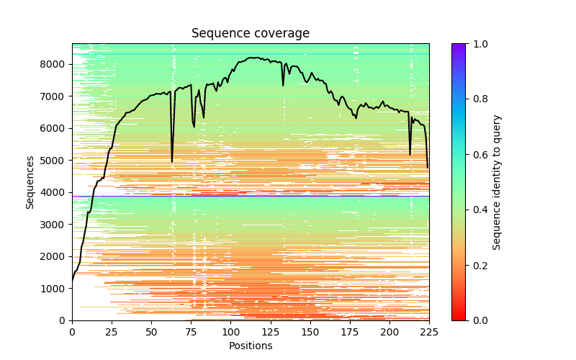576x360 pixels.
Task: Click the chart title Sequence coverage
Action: point(251,34)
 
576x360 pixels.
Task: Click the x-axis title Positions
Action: point(251,346)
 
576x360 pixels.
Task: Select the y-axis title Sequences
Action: point(30,182)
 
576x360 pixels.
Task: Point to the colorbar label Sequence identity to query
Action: point(497,182)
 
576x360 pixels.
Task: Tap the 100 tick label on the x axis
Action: point(230,332)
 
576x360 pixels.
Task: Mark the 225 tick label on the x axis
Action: point(429,332)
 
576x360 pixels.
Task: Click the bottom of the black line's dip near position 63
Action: point(172,161)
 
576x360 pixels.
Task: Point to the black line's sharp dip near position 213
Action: point(410,154)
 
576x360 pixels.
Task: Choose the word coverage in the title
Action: point(280,34)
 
